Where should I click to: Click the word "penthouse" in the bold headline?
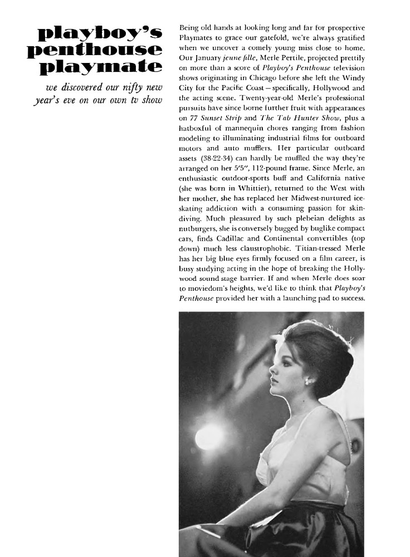pos(95,51)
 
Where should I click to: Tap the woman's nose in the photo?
pos(271,379)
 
